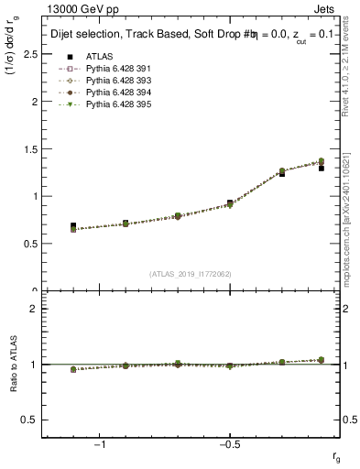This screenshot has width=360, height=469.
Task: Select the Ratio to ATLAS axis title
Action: coord(13,365)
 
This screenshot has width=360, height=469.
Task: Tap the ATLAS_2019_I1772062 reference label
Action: coord(191,274)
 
